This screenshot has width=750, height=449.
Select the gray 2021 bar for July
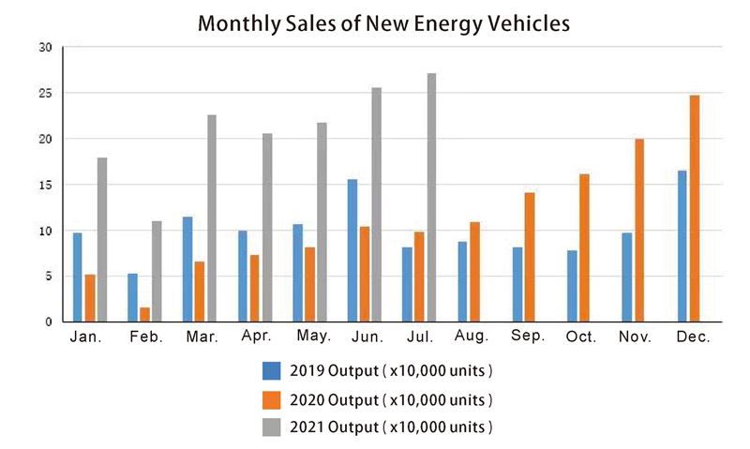(x=431, y=198)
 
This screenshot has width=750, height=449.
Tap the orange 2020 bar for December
(x=695, y=208)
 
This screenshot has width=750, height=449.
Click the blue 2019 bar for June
(x=352, y=250)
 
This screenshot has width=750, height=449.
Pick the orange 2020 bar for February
(x=144, y=314)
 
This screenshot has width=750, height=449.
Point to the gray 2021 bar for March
(x=212, y=218)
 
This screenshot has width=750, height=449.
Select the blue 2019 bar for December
(x=682, y=246)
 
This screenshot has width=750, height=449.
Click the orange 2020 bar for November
(x=639, y=230)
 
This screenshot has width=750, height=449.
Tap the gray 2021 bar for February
(x=157, y=271)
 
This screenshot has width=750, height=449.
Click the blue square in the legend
(x=272, y=370)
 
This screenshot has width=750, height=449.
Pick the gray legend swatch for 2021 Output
(x=272, y=427)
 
